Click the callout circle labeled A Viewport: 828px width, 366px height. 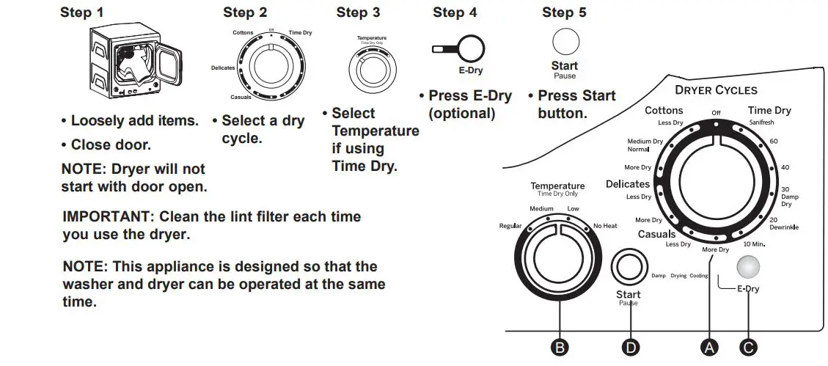709,348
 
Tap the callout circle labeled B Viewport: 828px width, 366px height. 560,348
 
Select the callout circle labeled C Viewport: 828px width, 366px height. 749,348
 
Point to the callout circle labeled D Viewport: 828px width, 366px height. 629,348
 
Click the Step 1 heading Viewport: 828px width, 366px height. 81,12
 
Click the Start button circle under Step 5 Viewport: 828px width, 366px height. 565,41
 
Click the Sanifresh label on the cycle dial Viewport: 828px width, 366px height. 761,122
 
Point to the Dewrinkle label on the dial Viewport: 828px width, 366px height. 784,227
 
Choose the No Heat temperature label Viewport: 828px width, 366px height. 605,226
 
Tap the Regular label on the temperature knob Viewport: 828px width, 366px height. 510,226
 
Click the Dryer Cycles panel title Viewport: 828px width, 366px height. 716,90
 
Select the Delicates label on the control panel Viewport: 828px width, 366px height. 627,184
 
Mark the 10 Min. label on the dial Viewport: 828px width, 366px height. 755,244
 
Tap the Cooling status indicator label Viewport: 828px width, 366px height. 698,276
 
